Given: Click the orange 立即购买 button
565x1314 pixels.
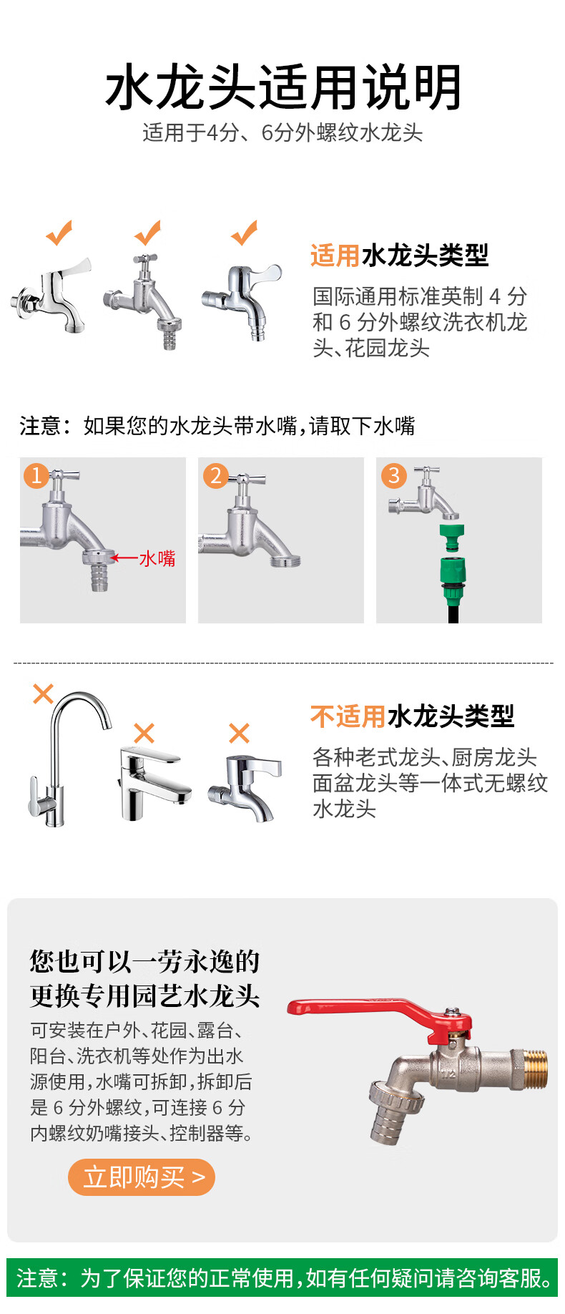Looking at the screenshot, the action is click(141, 1177).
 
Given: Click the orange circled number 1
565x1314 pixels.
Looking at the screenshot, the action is click(36, 475).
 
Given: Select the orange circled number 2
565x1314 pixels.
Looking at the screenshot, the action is click(215, 475).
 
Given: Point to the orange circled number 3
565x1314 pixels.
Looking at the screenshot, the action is click(393, 475).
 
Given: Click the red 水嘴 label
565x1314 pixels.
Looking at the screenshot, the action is click(157, 558).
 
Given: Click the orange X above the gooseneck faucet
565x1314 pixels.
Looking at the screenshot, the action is click(44, 693).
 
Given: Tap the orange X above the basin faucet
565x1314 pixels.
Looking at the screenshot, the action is click(144, 733).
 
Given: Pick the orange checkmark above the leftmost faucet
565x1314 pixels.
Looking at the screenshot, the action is click(59, 233).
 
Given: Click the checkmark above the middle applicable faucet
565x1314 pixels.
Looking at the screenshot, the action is click(148, 233).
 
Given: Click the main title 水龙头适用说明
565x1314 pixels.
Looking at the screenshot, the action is click(283, 87).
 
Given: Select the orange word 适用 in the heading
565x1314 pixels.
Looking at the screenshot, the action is click(335, 255).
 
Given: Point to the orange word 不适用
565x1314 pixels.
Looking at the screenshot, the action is click(348, 716).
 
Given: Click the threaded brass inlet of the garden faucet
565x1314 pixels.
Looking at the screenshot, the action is click(531, 1064).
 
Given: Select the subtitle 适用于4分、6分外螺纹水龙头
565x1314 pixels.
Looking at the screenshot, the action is click(282, 132).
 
